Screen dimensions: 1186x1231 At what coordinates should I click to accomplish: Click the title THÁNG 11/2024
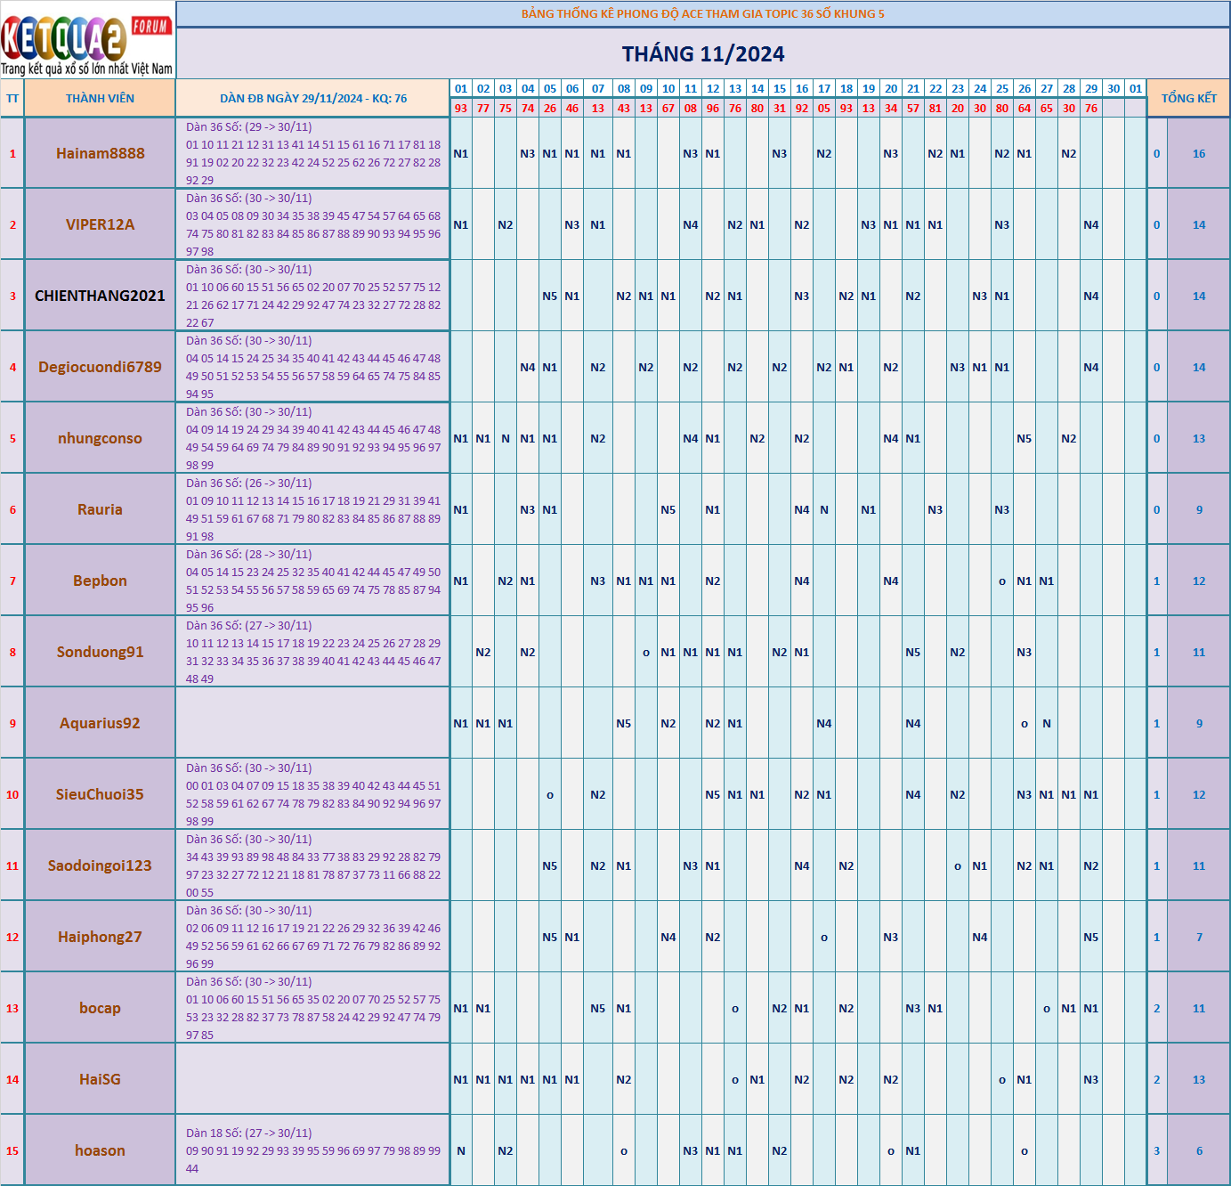point(703,54)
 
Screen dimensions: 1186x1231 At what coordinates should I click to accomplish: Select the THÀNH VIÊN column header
point(100,99)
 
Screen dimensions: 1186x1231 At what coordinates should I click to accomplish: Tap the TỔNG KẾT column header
point(1188,99)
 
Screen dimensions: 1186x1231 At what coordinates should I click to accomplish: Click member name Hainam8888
point(100,153)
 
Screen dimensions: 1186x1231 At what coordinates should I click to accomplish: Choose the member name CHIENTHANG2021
point(100,296)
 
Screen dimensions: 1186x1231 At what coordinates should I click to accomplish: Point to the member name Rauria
point(100,509)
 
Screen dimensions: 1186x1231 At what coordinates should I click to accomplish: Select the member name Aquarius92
point(100,723)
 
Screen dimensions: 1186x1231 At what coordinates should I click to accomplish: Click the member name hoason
point(100,1150)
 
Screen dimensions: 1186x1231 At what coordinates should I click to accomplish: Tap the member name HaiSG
point(100,1079)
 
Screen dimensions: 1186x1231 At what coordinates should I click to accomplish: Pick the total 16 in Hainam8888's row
point(1199,154)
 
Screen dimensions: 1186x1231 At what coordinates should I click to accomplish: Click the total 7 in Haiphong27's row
point(1199,938)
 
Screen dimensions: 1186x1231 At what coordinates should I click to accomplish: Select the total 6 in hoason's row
point(1199,1151)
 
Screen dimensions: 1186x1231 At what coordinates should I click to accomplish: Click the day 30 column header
point(1114,89)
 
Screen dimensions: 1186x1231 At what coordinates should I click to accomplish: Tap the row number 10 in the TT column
point(12,795)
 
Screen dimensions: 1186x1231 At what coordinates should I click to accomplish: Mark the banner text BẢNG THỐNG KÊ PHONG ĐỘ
point(702,14)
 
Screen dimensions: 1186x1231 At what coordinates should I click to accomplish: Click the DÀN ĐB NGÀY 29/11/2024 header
point(312,99)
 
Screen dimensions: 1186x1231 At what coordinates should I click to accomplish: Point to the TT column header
point(12,99)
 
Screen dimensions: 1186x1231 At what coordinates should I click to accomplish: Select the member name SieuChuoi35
point(100,794)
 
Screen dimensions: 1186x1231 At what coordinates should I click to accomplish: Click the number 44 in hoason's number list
point(192,1169)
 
